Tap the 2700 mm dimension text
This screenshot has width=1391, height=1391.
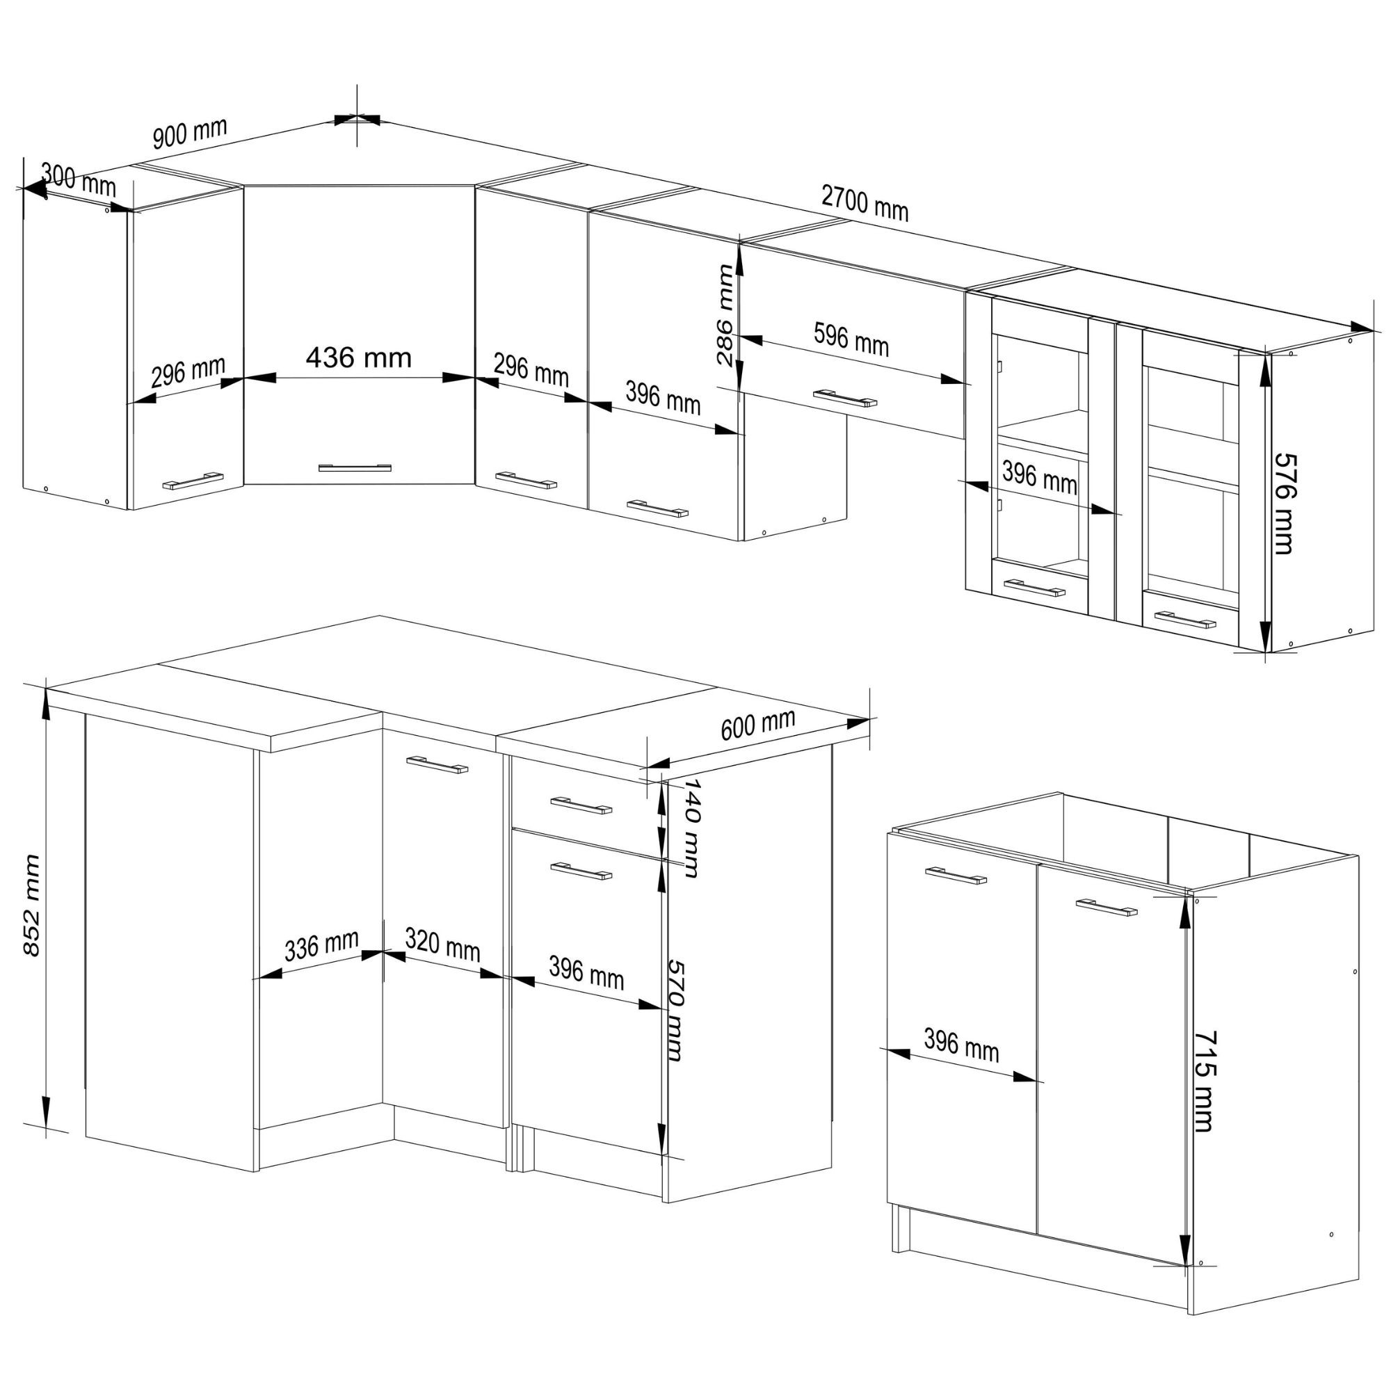[x=865, y=204]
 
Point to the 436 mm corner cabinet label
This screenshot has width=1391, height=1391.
[x=359, y=357]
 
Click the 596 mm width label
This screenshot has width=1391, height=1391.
[x=851, y=339]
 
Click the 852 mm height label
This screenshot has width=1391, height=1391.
[x=31, y=905]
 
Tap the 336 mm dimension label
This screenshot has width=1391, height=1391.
[x=322, y=945]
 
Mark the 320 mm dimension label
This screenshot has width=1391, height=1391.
[x=442, y=944]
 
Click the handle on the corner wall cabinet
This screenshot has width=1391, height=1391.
[x=355, y=467]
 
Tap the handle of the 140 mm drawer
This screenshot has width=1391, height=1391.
[x=581, y=805]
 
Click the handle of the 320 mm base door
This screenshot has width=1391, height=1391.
[x=437, y=764]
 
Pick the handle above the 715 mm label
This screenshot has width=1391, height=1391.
[x=1107, y=907]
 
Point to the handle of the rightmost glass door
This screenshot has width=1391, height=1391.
[x=1184, y=619]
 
